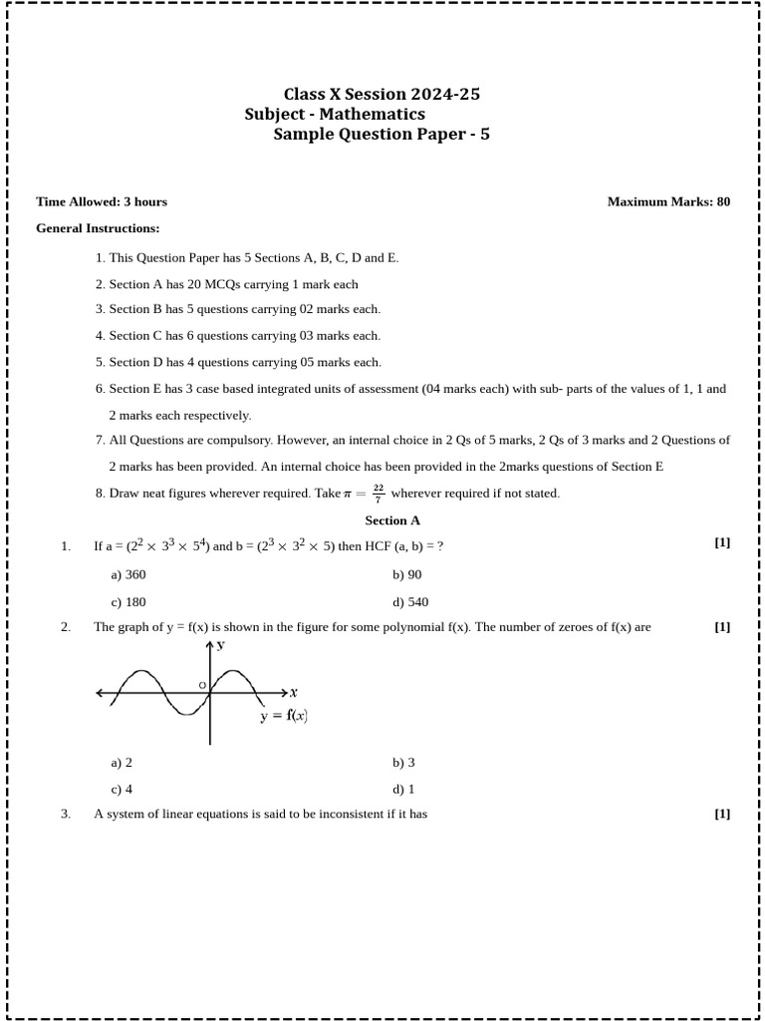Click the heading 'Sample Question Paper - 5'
(382, 135)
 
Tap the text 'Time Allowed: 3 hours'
(102, 201)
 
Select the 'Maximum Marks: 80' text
(668, 201)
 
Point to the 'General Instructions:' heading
(98, 228)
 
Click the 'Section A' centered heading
(392, 520)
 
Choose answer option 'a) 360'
(128, 574)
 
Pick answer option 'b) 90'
(406, 574)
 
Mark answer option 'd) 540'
(410, 601)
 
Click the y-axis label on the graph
(221, 646)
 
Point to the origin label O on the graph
(202, 685)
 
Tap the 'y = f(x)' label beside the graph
(284, 716)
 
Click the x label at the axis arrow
(294, 692)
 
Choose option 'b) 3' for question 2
(403, 763)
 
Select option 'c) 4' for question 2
(122, 789)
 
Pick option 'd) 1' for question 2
(403, 789)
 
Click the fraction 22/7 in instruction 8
(379, 493)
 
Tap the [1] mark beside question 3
(722, 814)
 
